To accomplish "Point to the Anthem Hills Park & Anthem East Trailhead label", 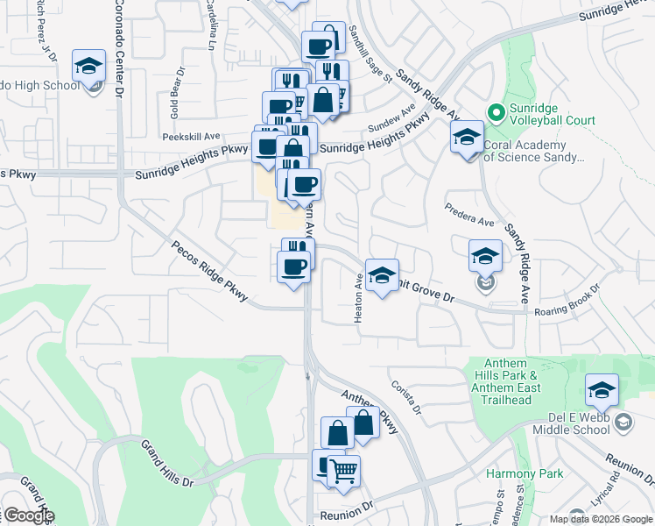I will coord(505,382).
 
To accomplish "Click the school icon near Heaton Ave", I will coord(381,275).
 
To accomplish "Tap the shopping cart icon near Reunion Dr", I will coord(343,471).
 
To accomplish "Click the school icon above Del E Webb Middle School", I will coord(602,390).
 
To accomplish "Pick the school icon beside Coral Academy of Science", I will coord(467,137).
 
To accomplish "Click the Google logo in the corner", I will coord(28,515).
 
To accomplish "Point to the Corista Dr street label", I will coord(414,399).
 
